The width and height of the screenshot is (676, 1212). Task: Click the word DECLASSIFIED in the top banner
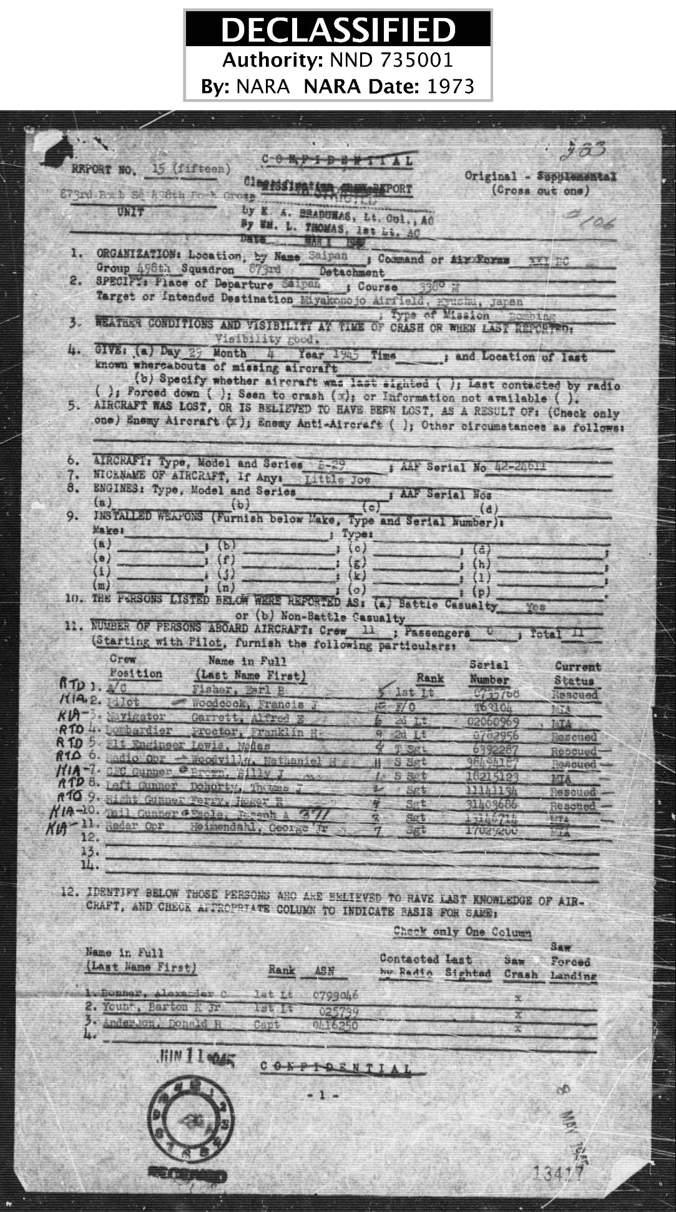point(338,29)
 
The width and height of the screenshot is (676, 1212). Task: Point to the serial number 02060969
point(493,722)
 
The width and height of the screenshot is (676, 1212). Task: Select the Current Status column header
point(576,674)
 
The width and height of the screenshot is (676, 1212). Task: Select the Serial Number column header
point(489,672)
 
